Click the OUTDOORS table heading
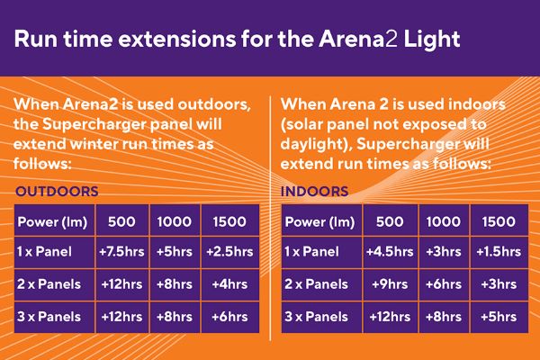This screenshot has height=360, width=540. click(57, 191)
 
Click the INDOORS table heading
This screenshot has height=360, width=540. click(314, 191)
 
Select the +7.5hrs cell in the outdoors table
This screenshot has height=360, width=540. click(121, 252)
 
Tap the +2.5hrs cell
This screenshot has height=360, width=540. click(229, 252)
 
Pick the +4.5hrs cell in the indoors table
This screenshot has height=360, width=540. click(390, 252)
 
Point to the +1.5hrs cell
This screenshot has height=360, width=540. click(499, 252)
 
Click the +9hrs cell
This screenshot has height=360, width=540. click(390, 284)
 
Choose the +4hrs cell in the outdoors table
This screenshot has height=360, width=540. click(229, 284)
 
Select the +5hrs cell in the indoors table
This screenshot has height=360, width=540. click(499, 317)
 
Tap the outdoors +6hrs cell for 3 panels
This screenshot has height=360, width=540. click(229, 317)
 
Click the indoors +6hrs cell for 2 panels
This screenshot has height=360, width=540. click(444, 284)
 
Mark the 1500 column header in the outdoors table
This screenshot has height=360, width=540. click(229, 222)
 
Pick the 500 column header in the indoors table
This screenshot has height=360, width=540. click(390, 222)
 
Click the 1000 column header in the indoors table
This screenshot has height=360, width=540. click(444, 222)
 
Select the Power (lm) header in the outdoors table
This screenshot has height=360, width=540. click(52, 222)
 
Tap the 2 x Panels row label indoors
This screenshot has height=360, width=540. click(316, 284)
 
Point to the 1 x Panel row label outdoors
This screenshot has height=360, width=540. click(44, 252)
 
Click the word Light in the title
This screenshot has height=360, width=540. click(432, 39)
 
